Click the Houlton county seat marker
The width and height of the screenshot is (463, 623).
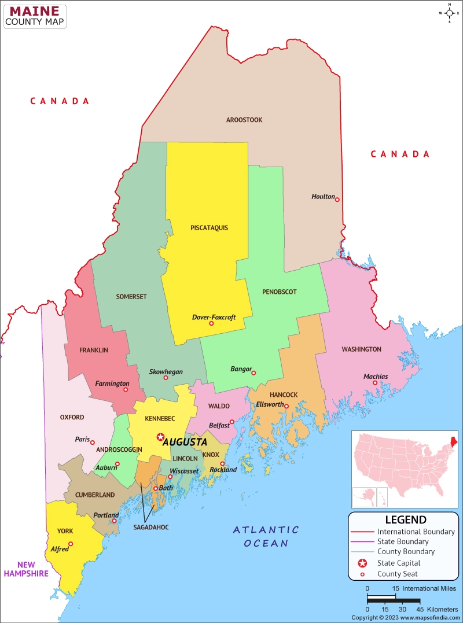(x=337, y=200)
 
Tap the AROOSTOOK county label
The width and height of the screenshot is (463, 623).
(x=244, y=120)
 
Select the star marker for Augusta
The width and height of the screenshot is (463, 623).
(x=160, y=437)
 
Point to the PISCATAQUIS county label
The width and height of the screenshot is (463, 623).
(x=209, y=227)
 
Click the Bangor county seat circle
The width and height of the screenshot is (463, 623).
(x=253, y=373)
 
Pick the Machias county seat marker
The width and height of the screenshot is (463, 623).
(x=375, y=382)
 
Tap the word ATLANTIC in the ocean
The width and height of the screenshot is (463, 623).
(x=266, y=529)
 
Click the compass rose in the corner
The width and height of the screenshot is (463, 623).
(x=450, y=12)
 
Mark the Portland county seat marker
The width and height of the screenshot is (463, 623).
(x=115, y=521)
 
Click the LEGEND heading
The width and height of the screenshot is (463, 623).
(x=406, y=519)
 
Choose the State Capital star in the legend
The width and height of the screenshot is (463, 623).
(x=362, y=563)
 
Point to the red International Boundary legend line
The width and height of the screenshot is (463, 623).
(x=362, y=532)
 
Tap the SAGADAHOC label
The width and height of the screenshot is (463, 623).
(x=150, y=528)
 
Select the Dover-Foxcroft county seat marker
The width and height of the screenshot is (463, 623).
(x=211, y=323)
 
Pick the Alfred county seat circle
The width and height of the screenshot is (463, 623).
(x=71, y=543)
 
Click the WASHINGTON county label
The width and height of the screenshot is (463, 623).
(x=361, y=349)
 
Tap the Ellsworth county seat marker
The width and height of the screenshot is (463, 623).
(x=286, y=406)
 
